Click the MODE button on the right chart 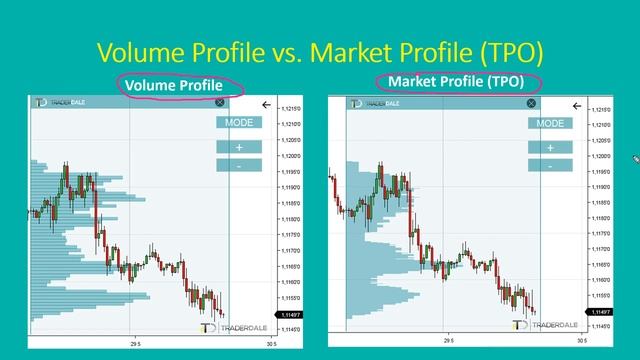click(x=550, y=124)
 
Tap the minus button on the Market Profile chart click(x=550, y=165)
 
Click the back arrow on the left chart click(x=266, y=104)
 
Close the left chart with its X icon click(x=219, y=102)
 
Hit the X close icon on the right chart click(x=531, y=103)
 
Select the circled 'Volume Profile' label click(x=176, y=85)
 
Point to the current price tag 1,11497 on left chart click(x=291, y=315)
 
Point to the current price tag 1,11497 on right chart click(x=600, y=315)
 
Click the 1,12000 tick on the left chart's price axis click(x=290, y=157)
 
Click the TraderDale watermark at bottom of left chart click(x=236, y=327)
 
